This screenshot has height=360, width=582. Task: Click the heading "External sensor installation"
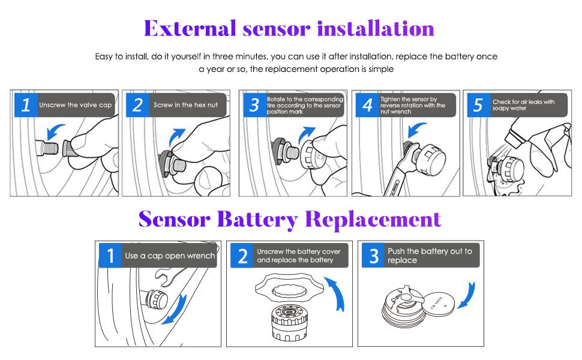(289, 28)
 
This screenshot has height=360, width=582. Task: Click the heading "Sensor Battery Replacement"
(290, 219)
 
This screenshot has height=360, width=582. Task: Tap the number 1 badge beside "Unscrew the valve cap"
(25, 106)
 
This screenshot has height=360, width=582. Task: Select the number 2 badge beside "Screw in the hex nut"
(137, 106)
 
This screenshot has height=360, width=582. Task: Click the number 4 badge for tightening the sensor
(367, 106)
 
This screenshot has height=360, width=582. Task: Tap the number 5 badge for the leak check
(478, 106)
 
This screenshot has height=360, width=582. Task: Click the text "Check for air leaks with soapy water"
(523, 105)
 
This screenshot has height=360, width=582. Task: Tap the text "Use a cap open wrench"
(169, 256)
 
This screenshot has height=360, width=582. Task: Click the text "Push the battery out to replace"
(430, 256)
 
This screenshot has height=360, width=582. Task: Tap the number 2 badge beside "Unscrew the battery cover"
(242, 256)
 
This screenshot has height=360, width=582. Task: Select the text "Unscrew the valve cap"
(75, 105)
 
